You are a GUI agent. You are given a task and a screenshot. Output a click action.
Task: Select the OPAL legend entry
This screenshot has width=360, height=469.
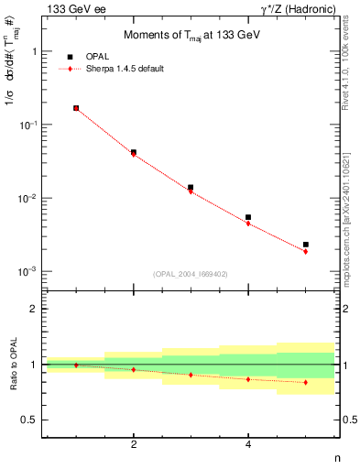pyautogui.click(x=93, y=57)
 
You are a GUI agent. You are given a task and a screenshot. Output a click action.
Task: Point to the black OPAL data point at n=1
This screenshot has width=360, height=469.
pyautogui.click(x=76, y=108)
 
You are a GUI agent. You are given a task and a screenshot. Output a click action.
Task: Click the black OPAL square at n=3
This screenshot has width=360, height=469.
pyautogui.click(x=191, y=188)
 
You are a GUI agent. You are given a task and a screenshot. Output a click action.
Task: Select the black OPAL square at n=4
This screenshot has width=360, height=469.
pyautogui.click(x=248, y=217)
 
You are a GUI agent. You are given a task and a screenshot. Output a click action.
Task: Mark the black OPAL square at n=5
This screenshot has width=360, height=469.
pyautogui.click(x=306, y=245)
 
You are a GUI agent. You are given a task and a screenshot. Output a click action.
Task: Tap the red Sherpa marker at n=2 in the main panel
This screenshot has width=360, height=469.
pyautogui.click(x=134, y=154)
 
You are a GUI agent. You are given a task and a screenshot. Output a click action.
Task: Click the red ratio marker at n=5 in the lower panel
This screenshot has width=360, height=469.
pyautogui.click(x=306, y=382)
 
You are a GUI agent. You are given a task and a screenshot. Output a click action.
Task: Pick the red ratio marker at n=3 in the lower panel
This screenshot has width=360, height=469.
pyautogui.click(x=191, y=375)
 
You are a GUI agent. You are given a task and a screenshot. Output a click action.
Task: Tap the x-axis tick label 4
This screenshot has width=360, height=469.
pyautogui.click(x=248, y=444)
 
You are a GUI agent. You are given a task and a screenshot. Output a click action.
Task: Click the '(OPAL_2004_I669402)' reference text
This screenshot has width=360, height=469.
pyautogui.click(x=190, y=273)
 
